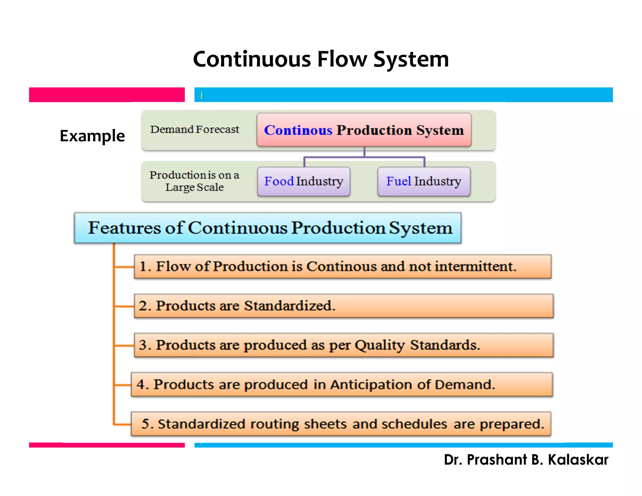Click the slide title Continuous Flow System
pyautogui.click(x=321, y=59)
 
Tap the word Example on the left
pyautogui.click(x=92, y=136)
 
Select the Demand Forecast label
pyautogui.click(x=194, y=129)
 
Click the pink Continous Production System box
pyautogui.click(x=364, y=130)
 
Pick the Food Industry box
pyautogui.click(x=303, y=181)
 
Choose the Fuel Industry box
pyautogui.click(x=424, y=181)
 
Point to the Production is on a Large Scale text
pyautogui.click(x=194, y=181)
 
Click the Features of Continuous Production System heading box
pyautogui.click(x=267, y=228)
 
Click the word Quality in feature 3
pyautogui.click(x=380, y=345)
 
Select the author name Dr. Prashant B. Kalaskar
pyautogui.click(x=526, y=460)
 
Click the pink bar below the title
pyautogui.click(x=107, y=95)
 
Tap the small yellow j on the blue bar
pyautogui.click(x=201, y=94)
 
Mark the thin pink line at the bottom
pyautogui.click(x=107, y=445)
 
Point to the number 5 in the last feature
pyautogui.click(x=145, y=424)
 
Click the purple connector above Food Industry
pyautogui.click(x=304, y=161)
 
